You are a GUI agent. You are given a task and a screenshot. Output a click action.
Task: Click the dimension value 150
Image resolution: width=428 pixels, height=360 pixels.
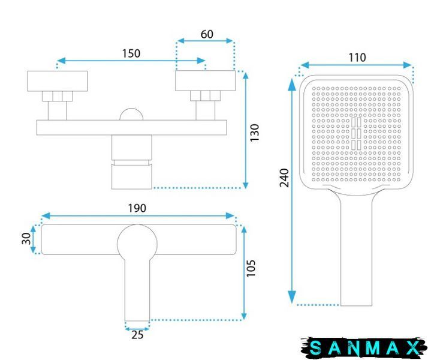click(131, 53)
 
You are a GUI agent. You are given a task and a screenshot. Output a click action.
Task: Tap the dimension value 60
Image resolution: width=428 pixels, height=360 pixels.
click(207, 34)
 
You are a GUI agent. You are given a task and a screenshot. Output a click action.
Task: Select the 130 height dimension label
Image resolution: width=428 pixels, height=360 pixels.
click(254, 133)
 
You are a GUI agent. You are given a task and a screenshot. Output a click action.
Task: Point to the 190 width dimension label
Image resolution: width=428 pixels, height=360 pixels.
click(137, 208)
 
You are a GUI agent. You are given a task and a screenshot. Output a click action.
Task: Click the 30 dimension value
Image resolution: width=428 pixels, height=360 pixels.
click(26, 239)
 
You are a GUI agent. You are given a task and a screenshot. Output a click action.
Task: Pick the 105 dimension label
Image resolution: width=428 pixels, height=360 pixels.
click(251, 268)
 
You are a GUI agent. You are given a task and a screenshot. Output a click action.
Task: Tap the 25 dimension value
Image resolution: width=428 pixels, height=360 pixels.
click(137, 335)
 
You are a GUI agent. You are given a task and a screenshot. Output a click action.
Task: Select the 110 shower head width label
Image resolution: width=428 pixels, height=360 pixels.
click(357, 58)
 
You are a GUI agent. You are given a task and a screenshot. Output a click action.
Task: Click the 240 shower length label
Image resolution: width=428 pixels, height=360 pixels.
click(284, 178)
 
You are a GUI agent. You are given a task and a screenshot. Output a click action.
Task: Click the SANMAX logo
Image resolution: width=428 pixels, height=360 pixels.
click(364, 347)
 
